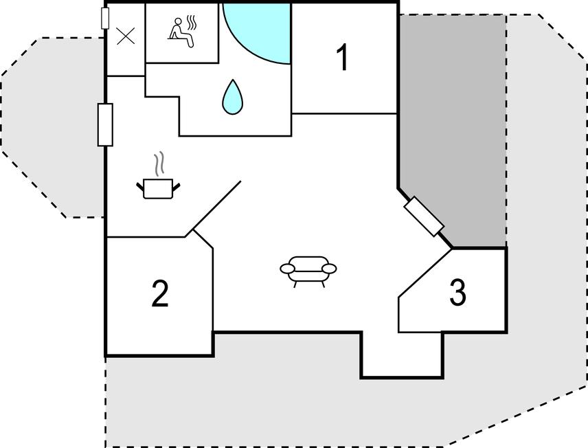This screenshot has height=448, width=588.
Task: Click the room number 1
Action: pyautogui.click(x=342, y=57)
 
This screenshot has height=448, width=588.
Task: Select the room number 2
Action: pyautogui.click(x=160, y=293)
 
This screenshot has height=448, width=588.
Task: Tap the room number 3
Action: pyautogui.click(x=457, y=291)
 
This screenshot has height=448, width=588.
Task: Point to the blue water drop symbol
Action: pyautogui.click(x=232, y=97)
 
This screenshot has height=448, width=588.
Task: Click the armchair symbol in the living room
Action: pyautogui.click(x=308, y=271)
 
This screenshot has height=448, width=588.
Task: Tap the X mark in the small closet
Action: pyautogui.click(x=126, y=36)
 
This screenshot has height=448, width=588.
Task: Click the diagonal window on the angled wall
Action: pyautogui.click(x=424, y=216)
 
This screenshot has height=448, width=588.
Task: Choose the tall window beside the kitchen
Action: pyautogui.click(x=105, y=124)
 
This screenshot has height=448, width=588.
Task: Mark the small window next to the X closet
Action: pyautogui.click(x=105, y=18)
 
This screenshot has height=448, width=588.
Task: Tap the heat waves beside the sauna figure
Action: pyautogui.click(x=192, y=23)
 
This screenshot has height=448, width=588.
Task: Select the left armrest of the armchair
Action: pyautogui.click(x=288, y=269)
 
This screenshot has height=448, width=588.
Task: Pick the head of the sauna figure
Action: pyautogui.click(x=179, y=21)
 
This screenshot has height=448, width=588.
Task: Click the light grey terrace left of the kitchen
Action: pyautogui.click(x=52, y=128)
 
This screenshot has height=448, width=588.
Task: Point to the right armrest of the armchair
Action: pyautogui.click(x=329, y=269)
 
